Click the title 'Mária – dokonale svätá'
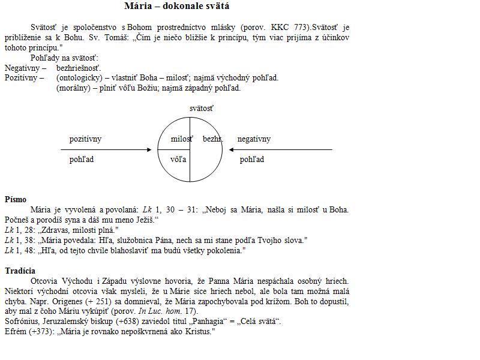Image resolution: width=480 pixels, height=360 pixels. pos(176,7)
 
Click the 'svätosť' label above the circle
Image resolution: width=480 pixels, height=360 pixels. pos(201,109)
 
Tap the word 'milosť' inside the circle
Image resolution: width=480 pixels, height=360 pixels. pos(181,139)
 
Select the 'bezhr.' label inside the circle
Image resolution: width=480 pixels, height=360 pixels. pos(212,139)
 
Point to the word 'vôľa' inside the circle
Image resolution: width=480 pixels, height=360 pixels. pos(178,160)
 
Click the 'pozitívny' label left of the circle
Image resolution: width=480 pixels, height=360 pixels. pos(85,139)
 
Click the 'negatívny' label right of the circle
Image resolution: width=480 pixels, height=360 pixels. pos(254,139)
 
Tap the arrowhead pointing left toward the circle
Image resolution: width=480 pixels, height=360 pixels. pos(232,149)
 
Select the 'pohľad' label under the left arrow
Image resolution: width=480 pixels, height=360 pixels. pos(82,160)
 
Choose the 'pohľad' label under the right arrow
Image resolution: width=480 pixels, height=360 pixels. pos(252,160)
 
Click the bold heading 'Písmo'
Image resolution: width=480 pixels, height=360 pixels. pos(16,200)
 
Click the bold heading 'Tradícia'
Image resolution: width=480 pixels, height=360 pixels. pos(20,271)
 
